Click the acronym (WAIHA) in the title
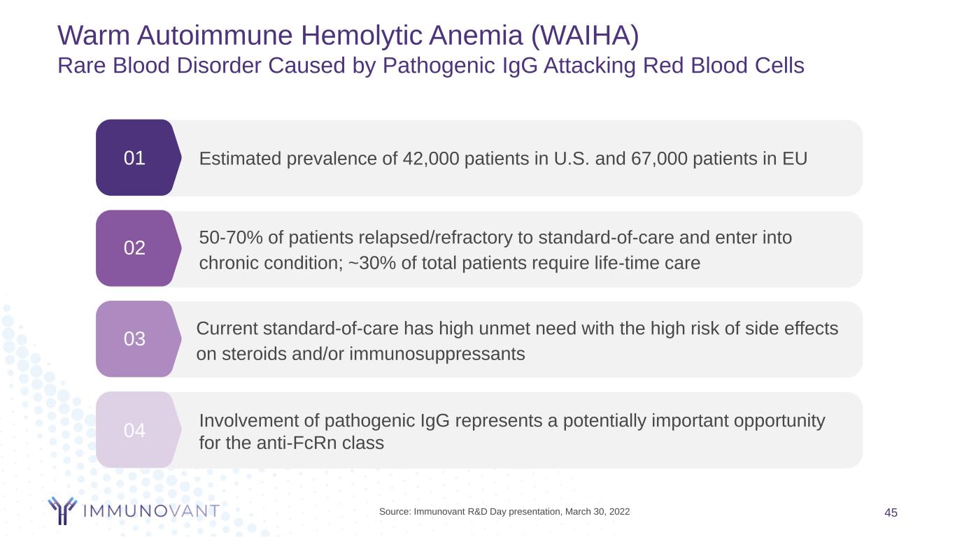click(585, 36)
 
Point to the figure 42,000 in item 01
click(430, 159)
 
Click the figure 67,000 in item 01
click(659, 159)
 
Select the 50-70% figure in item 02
click(231, 238)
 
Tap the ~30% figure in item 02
click(372, 263)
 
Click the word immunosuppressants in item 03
click(437, 355)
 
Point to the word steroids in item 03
click(254, 354)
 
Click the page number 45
click(891, 513)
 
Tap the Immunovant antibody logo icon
click(62, 510)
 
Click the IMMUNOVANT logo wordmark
click(151, 511)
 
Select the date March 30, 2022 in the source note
click(597, 511)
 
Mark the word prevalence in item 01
click(331, 159)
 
